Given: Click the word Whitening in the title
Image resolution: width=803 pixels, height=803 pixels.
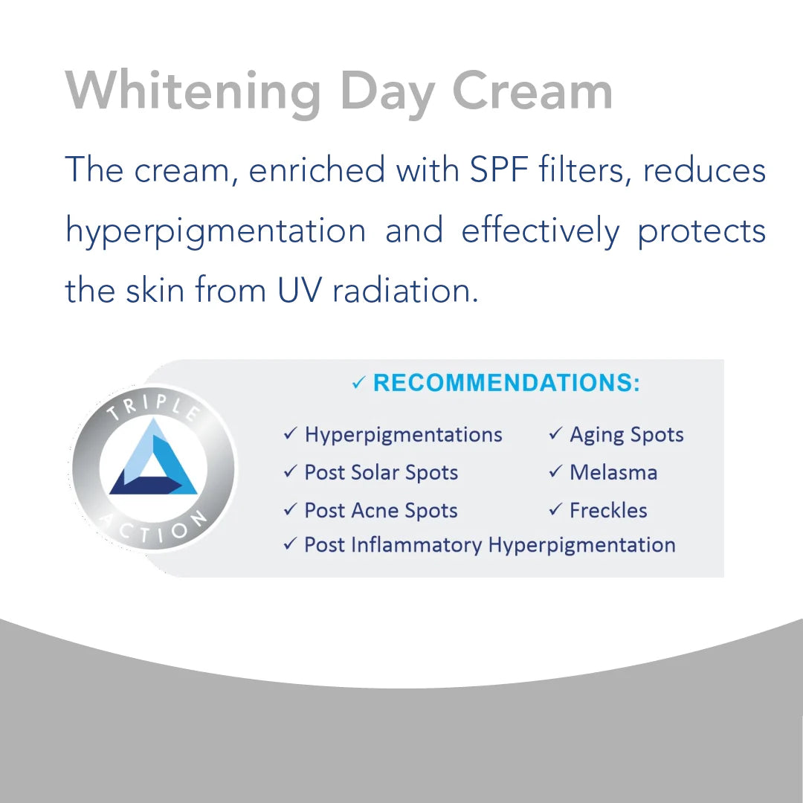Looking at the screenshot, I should [194, 93].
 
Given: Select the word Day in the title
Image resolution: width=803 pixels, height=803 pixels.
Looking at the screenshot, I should [387, 93].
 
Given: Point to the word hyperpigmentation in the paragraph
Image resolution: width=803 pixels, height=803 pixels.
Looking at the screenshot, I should [216, 231].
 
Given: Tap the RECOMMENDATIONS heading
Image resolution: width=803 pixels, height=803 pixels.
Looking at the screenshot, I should [506, 383].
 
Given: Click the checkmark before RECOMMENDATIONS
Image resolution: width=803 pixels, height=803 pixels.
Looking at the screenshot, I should [359, 384].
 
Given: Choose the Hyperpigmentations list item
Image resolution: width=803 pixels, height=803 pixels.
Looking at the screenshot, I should [403, 435].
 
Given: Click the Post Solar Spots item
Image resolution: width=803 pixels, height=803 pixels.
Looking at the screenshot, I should [381, 473].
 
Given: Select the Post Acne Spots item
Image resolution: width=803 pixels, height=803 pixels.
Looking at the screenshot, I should [381, 511].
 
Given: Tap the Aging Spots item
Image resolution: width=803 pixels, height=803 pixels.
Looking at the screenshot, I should [626, 435].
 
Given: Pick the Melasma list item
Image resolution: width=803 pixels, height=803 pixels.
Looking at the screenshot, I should [613, 473].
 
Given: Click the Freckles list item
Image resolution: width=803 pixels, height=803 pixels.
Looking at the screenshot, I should [608, 511].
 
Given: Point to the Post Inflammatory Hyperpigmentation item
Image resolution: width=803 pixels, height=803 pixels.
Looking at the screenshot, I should [489, 545].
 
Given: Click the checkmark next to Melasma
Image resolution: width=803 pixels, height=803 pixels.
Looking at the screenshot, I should [555, 472].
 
